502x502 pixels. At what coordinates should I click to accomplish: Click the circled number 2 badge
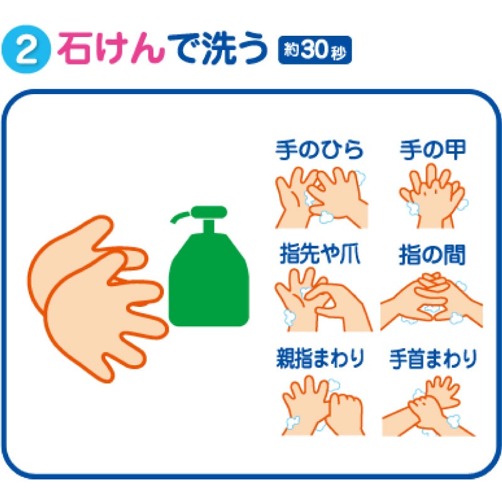[x=26, y=50]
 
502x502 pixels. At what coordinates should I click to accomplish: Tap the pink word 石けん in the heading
[x=111, y=49]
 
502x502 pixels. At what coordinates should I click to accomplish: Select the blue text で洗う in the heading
[x=218, y=49]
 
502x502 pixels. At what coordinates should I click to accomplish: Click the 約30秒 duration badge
[x=315, y=50]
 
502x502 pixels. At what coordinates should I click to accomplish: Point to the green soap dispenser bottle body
[x=208, y=279]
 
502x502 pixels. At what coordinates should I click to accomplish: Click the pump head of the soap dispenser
[x=209, y=211]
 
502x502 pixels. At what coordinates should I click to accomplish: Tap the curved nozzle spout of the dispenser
[x=180, y=216]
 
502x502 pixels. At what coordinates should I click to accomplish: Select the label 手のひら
[x=319, y=149]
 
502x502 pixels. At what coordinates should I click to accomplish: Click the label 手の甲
[x=433, y=149]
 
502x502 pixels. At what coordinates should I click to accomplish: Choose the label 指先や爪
[x=319, y=254]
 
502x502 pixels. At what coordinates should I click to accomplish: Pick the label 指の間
[x=432, y=255]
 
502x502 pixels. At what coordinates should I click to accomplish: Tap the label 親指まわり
[x=320, y=358]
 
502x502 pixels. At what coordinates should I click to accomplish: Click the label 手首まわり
[x=433, y=359]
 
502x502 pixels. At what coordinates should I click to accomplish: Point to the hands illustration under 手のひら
[x=321, y=196]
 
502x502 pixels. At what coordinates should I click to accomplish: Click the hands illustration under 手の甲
[x=433, y=196]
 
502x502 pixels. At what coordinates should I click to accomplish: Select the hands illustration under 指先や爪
[x=323, y=300]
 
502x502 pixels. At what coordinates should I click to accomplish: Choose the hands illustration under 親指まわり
[x=323, y=405]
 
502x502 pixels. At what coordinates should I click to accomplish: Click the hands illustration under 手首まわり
[x=429, y=406]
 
